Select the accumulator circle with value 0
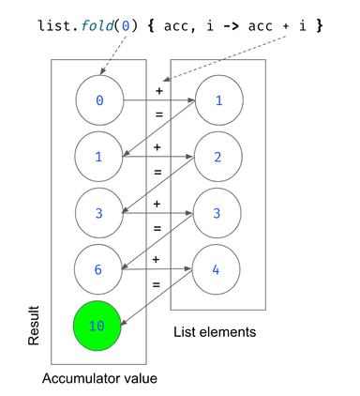pyautogui.click(x=98, y=99)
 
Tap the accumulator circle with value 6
pyautogui.click(x=98, y=268)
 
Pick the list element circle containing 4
pyautogui.click(x=216, y=268)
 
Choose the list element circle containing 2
pyautogui.click(x=216, y=156)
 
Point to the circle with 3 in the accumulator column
pyautogui.click(x=98, y=212)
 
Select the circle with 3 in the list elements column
pyautogui.click(x=216, y=212)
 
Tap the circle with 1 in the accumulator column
pyautogui.click(x=98, y=156)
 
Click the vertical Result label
pyautogui.click(x=35, y=325)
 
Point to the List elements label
pyautogui.click(x=216, y=333)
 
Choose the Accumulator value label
pyautogui.click(x=98, y=378)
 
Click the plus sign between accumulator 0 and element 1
pyautogui.click(x=157, y=91)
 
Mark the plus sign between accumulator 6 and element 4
pyautogui.click(x=157, y=259)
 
